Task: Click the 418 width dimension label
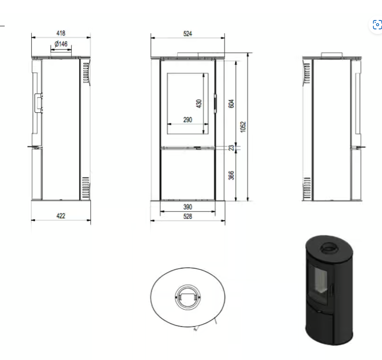point(60,33)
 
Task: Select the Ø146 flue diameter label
point(61,44)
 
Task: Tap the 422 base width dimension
point(60,216)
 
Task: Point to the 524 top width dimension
point(188,34)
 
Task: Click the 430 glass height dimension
point(199,103)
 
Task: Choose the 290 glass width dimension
point(187,120)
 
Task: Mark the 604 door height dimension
point(231,103)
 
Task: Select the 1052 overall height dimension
point(243,127)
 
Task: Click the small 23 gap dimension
point(231,148)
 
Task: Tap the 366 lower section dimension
point(231,175)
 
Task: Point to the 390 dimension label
point(188,207)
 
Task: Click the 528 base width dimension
point(188,216)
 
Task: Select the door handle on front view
point(215,103)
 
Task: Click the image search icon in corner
point(377,25)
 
